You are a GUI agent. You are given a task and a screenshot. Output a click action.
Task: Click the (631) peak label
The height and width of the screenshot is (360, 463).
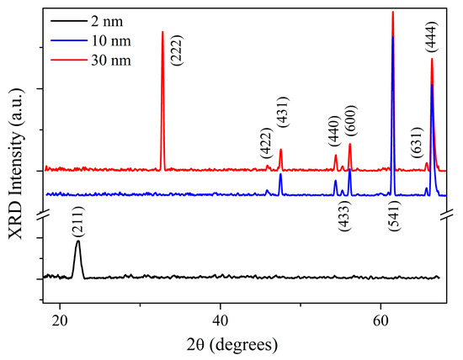point(417,145)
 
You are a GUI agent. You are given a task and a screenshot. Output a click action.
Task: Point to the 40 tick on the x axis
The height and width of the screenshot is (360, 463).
point(221,320)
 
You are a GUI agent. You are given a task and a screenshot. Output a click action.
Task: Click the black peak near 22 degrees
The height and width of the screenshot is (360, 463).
point(78,244)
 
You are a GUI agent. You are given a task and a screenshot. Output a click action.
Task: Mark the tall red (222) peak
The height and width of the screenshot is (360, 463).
point(162,34)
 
